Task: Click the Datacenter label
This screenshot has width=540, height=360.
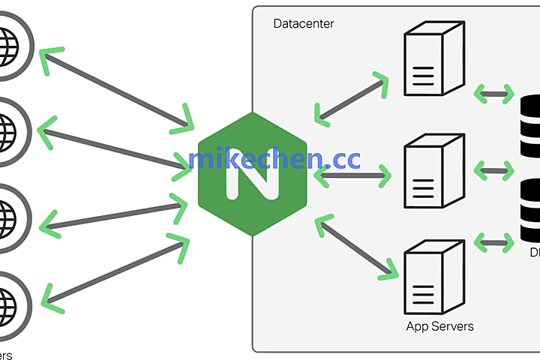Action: point(304,24)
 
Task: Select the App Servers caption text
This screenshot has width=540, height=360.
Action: point(439,326)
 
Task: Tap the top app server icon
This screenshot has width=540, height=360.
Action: point(430,61)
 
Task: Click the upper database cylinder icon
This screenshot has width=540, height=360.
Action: point(529,120)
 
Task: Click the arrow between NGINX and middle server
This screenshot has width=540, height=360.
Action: point(352,177)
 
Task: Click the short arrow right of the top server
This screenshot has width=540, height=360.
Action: point(493,94)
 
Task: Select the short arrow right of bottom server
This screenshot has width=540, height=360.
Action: point(493,241)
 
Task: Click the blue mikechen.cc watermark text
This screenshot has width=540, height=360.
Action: point(274,158)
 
